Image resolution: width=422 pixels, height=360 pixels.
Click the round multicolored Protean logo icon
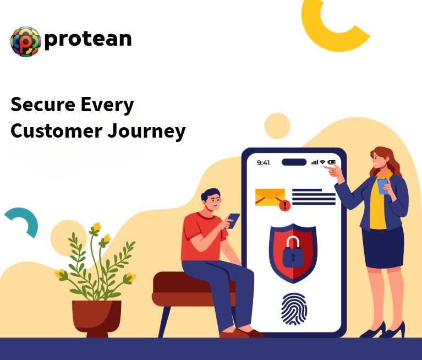[x=25, y=41]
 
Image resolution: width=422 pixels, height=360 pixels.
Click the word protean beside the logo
[x=88, y=39]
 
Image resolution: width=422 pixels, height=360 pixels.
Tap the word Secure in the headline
[x=41, y=105]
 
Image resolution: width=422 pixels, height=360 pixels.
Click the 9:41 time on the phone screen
[x=264, y=162]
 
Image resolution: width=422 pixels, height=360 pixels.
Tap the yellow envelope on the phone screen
[x=270, y=197]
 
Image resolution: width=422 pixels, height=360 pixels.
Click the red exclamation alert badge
[x=284, y=206]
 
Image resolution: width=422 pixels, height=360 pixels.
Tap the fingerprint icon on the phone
[x=294, y=309]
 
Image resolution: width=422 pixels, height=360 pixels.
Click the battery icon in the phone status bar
[x=332, y=162]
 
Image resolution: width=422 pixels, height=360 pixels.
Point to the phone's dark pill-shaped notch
[x=294, y=162]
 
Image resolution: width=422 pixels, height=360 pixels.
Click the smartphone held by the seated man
[x=233, y=220]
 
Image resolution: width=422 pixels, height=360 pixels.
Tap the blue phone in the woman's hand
[x=382, y=186]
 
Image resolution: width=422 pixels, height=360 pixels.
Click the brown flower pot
[x=97, y=317]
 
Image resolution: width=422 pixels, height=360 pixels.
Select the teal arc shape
[x=25, y=221]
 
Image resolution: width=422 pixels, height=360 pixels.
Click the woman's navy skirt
[x=383, y=247]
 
